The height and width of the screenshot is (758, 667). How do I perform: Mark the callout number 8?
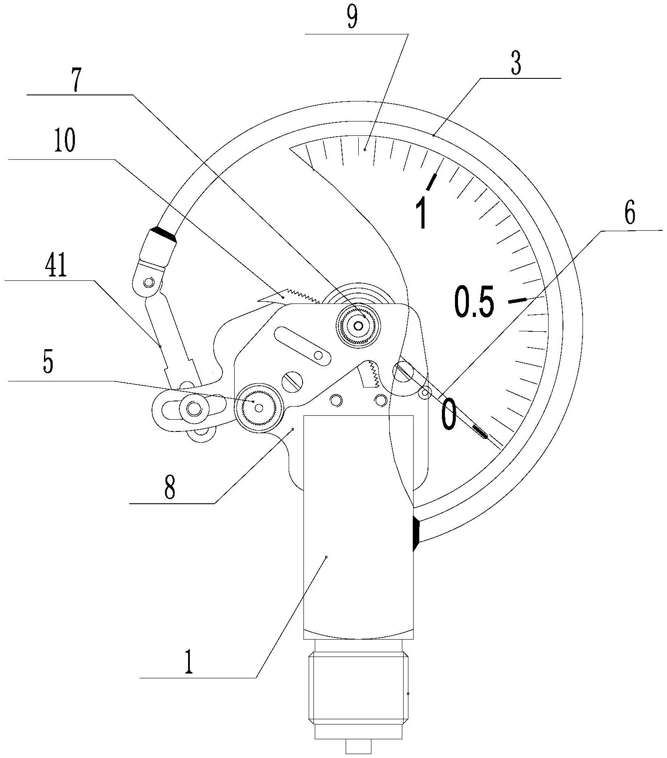pyautogui.click(x=170, y=488)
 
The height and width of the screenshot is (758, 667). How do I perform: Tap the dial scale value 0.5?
pyautogui.click(x=474, y=301)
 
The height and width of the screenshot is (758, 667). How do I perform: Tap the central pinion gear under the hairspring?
pyautogui.click(x=359, y=325)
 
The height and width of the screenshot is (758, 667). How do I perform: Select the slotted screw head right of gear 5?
pyautogui.click(x=293, y=381)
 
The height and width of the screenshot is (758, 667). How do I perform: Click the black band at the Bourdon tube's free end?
pyautogui.click(x=163, y=234)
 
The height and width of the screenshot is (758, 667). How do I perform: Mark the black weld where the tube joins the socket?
pyautogui.click(x=416, y=533)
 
